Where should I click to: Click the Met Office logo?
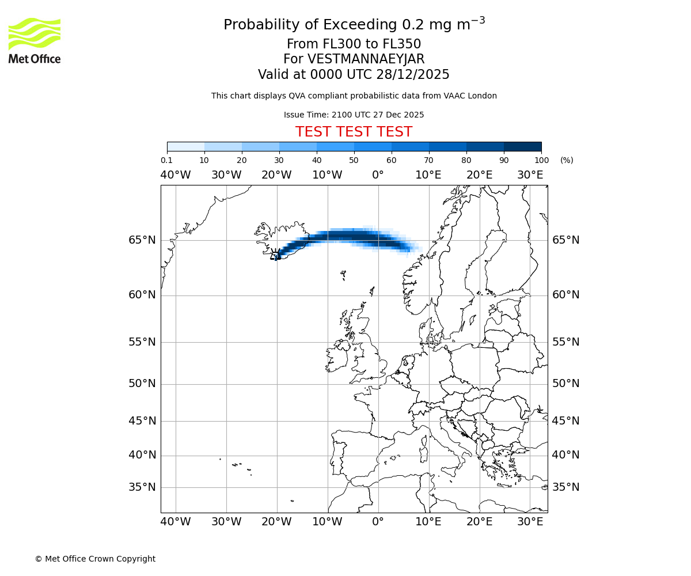click(x=35, y=41)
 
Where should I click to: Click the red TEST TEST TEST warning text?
click(x=354, y=132)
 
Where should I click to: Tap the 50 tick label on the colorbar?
click(x=354, y=160)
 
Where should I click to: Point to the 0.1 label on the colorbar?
click(x=166, y=160)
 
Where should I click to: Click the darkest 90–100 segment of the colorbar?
click(x=522, y=146)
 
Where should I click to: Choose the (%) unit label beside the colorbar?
click(x=567, y=160)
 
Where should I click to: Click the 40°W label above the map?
click(x=176, y=175)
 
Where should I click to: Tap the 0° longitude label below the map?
click(x=378, y=522)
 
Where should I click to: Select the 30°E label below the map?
click(x=530, y=522)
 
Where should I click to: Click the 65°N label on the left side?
click(x=142, y=240)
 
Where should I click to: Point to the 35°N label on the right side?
click(x=566, y=487)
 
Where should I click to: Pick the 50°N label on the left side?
click(x=142, y=384)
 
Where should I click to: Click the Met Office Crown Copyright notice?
click(x=95, y=559)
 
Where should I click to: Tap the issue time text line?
click(x=354, y=115)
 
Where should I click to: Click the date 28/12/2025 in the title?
click(x=413, y=74)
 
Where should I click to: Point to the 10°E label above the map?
click(x=428, y=175)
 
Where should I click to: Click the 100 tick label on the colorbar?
click(x=541, y=160)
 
